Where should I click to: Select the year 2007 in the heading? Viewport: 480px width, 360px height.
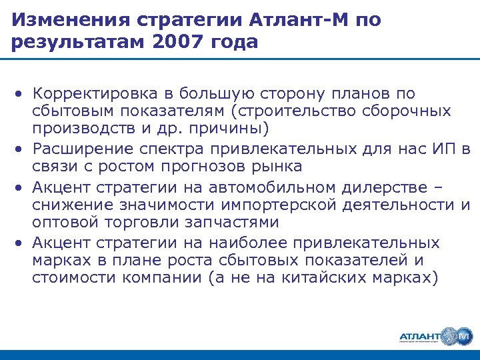(x=176, y=42)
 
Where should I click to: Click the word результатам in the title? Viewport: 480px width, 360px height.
(x=74, y=42)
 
